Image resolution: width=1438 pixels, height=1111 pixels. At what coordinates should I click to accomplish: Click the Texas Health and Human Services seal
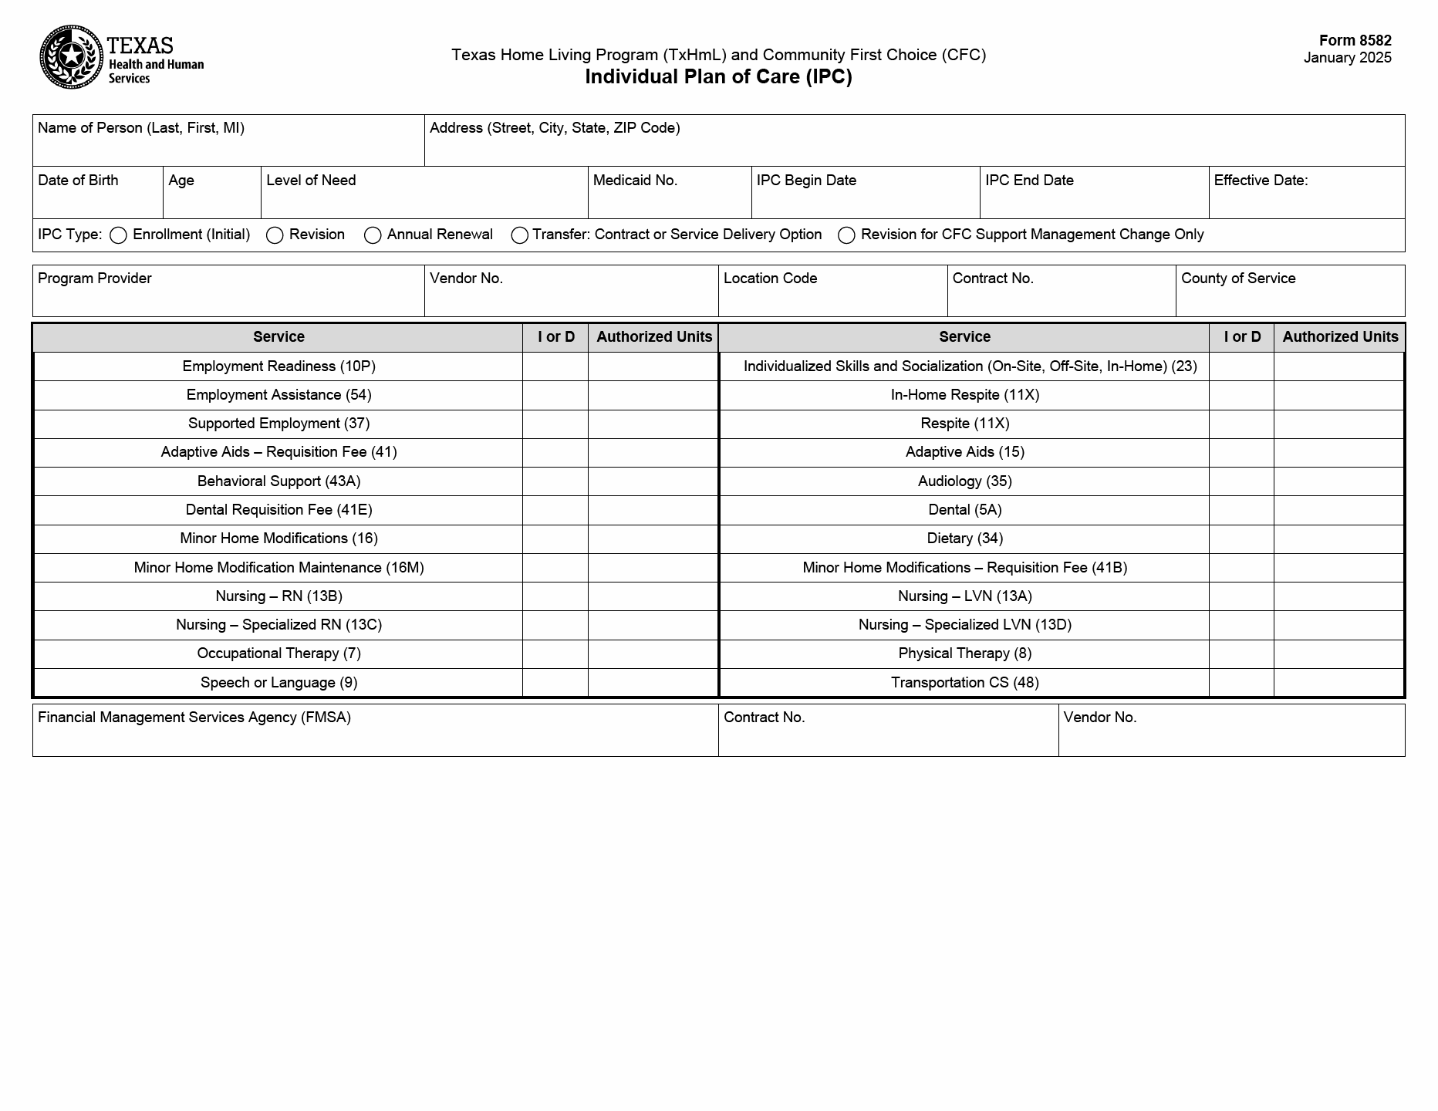tap(71, 57)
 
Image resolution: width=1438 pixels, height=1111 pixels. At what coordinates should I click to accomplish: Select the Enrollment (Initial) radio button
tap(118, 235)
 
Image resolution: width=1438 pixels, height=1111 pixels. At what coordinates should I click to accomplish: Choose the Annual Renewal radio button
tap(373, 235)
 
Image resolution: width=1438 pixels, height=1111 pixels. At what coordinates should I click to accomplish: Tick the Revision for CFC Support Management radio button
tap(846, 235)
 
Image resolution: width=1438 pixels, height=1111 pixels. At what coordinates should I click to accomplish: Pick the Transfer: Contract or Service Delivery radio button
tap(519, 235)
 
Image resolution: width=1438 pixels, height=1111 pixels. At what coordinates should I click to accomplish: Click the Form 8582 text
tap(1355, 41)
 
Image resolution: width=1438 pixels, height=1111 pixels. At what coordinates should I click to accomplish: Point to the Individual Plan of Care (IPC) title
tap(718, 77)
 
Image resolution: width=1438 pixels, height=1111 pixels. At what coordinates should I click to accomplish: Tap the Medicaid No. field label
tap(635, 181)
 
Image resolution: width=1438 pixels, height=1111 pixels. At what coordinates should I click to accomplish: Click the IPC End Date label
tap(1029, 181)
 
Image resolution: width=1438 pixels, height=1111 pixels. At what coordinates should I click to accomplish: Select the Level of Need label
tap(311, 181)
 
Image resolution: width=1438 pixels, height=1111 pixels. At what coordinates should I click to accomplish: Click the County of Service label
tap(1238, 279)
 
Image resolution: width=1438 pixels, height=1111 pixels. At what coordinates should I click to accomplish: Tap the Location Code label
tap(770, 279)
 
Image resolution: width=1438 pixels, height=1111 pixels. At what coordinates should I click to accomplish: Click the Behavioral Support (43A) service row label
tap(278, 481)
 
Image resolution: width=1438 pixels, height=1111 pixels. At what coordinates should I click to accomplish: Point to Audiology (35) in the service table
tap(964, 481)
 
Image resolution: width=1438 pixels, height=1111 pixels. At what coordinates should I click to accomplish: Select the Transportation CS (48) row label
tap(964, 683)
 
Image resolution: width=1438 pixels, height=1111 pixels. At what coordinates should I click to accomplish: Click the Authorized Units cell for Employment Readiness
tap(653, 366)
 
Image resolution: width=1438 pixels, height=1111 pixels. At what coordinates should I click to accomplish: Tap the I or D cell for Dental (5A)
tap(1241, 510)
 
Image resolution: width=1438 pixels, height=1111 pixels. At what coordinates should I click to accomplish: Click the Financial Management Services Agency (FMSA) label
tap(194, 718)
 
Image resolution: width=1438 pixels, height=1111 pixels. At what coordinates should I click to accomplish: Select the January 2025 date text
tap(1347, 58)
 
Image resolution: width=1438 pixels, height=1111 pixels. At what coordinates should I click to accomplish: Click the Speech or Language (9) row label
tap(278, 683)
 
